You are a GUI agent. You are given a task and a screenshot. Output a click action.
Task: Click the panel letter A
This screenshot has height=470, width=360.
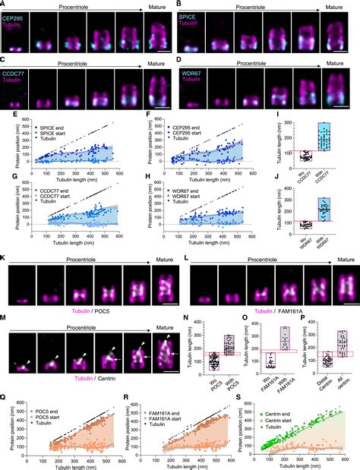tap(4, 5)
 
